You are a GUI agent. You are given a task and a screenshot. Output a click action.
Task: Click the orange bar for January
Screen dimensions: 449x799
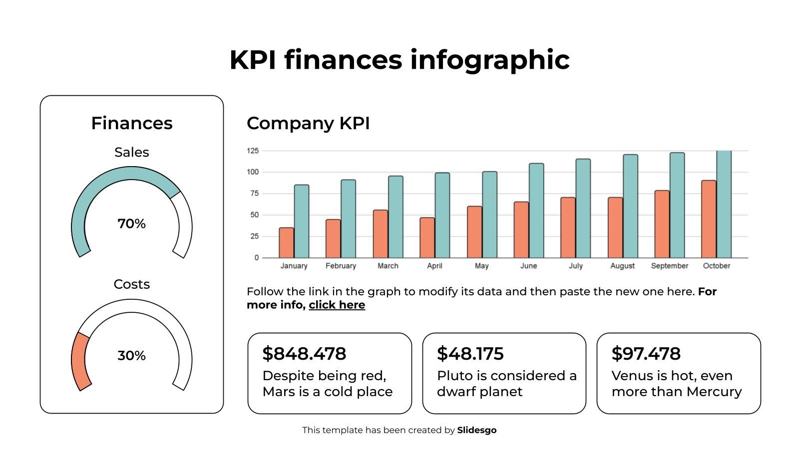tap(286, 243)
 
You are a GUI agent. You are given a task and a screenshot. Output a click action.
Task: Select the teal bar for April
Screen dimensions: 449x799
tap(442, 216)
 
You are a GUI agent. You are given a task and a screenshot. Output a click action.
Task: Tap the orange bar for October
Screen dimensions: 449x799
tap(708, 220)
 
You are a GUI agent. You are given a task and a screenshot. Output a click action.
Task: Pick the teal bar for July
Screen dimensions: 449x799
tap(583, 209)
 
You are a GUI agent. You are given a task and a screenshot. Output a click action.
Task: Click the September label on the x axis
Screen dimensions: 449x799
tap(669, 266)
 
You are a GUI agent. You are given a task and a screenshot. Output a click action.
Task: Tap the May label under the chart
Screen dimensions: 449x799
tap(481, 266)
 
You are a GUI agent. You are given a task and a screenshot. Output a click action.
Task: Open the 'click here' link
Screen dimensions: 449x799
tap(337, 305)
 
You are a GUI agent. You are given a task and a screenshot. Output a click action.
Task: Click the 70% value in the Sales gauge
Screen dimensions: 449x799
tap(131, 224)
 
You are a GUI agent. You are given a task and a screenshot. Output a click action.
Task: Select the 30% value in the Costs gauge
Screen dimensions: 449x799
tap(131, 356)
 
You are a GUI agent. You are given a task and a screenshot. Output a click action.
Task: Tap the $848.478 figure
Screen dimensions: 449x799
tap(304, 354)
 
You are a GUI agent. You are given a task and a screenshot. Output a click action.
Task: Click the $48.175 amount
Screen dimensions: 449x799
tap(470, 354)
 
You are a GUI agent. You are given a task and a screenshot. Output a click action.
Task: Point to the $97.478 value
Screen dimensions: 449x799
tap(646, 354)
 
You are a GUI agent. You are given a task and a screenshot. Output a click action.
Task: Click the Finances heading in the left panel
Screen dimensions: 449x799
tap(131, 123)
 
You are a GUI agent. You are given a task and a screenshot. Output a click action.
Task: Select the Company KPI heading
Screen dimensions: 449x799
tap(308, 123)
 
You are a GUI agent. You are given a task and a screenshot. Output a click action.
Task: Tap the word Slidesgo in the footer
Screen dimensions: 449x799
tap(476, 430)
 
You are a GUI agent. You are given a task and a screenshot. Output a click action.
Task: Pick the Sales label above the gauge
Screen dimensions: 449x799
tap(131, 152)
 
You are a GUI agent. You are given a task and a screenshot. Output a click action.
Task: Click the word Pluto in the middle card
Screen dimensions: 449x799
tap(452, 376)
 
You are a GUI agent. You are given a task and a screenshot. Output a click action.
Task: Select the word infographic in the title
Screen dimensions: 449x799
tap(489, 60)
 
